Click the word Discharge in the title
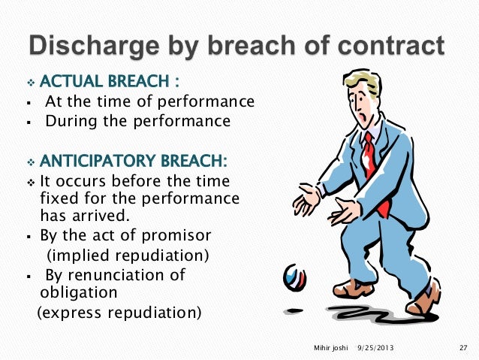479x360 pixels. click(91, 46)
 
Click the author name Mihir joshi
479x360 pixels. click(331, 347)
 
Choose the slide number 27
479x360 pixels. click(462, 347)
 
